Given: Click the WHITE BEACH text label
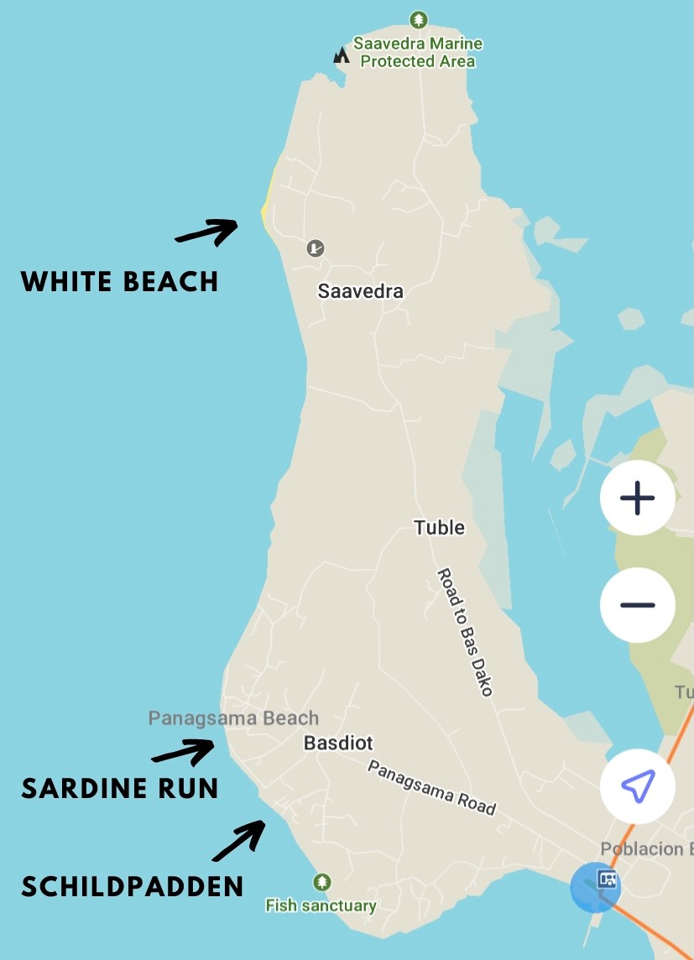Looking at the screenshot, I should [119, 281].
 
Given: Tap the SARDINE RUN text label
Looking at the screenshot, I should [119, 788].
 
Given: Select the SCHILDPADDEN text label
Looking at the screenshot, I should [133, 886].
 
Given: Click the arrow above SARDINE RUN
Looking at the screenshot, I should [184, 751].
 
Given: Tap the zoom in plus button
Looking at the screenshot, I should [637, 498].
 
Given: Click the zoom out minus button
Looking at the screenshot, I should [637, 605].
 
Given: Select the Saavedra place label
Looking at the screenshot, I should [360, 291].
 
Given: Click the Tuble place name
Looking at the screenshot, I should [439, 528].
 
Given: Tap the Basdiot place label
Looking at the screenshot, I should [338, 743].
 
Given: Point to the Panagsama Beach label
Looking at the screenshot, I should [233, 718].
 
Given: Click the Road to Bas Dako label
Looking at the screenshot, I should [464, 632].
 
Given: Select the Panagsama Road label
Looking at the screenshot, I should [431, 787].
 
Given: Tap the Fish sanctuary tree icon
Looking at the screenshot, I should [321, 882].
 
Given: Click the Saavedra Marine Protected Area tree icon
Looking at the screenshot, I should [418, 19].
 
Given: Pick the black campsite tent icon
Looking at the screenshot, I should [341, 55].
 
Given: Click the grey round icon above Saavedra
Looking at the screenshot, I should [316, 248].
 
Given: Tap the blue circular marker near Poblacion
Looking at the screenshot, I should [596, 887].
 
